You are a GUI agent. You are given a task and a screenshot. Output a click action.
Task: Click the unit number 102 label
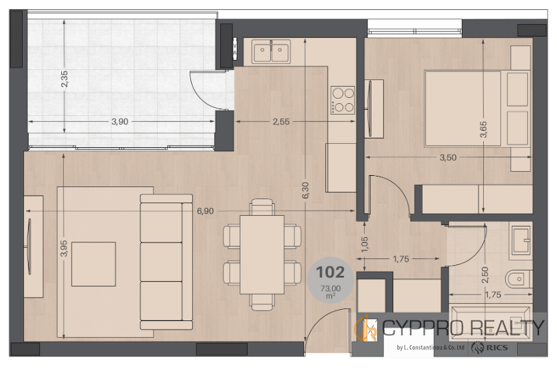(x=330, y=272)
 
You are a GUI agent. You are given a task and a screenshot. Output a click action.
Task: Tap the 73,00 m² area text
(x=330, y=292)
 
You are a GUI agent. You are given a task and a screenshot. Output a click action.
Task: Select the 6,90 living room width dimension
(x=206, y=211)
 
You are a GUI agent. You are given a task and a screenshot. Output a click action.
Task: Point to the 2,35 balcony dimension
(x=65, y=79)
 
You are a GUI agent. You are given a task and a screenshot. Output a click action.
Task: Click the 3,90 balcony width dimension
(x=120, y=122)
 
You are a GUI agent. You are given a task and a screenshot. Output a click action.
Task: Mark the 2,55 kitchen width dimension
(x=281, y=122)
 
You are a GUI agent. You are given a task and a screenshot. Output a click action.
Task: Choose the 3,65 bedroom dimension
(x=483, y=130)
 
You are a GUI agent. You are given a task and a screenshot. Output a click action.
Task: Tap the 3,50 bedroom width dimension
(x=448, y=157)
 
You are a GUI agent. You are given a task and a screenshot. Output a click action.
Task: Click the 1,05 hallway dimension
(x=365, y=245)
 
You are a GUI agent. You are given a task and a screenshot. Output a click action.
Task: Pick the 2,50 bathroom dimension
(x=485, y=275)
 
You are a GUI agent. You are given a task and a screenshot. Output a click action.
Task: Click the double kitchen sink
(x=271, y=51)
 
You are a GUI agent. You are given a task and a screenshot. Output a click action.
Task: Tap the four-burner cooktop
(x=343, y=101)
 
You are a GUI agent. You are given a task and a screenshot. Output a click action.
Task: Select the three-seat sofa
(x=166, y=262)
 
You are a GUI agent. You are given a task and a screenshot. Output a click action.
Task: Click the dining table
(x=262, y=255)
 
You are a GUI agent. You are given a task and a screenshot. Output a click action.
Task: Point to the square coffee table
(x=93, y=264)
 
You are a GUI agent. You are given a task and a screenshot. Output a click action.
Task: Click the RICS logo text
(x=497, y=348)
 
